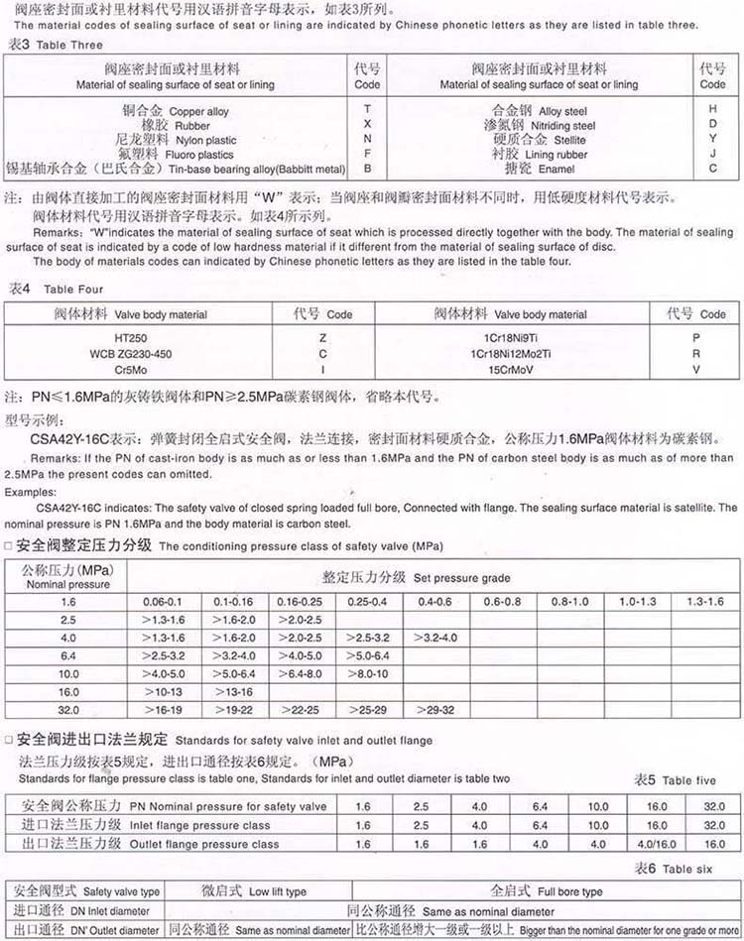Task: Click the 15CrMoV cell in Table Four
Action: pos(510,367)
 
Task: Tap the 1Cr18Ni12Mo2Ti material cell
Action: pos(510,353)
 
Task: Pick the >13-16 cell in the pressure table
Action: pos(233,692)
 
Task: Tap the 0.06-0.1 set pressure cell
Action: pos(162,602)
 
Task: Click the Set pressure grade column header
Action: pos(417,577)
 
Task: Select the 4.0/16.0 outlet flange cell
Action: pos(657,844)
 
